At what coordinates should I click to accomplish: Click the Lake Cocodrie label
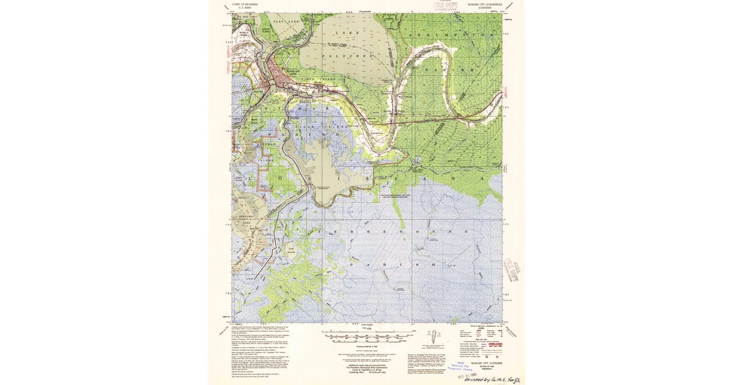pos(291,250)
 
